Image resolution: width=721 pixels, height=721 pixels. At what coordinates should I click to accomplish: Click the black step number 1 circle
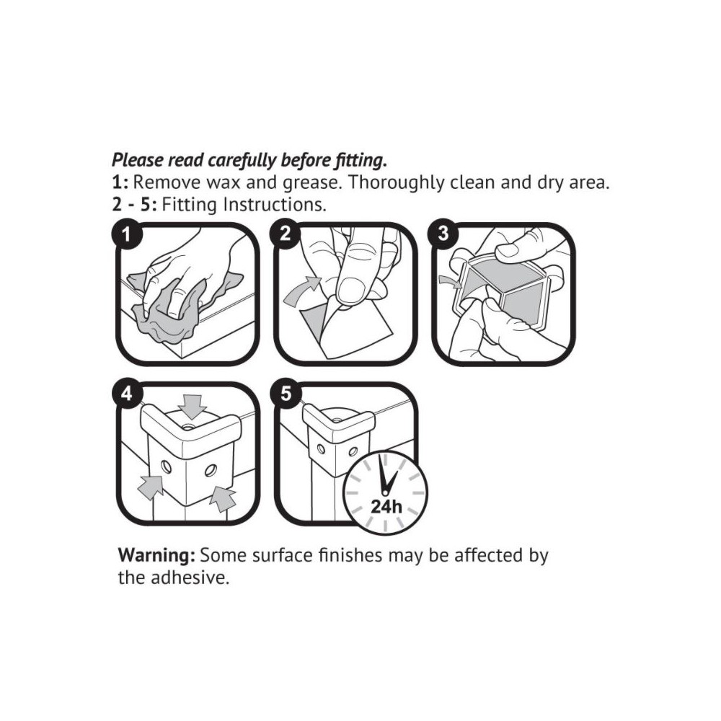pyautogui.click(x=127, y=235)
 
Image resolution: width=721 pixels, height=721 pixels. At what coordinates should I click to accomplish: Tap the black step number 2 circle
pyautogui.click(x=285, y=234)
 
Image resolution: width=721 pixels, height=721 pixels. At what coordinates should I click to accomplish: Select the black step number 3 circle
pyautogui.click(x=443, y=233)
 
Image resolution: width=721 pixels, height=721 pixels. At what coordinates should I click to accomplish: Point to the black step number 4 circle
pyautogui.click(x=127, y=394)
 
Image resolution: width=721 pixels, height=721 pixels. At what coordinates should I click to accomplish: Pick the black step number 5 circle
pyautogui.click(x=286, y=394)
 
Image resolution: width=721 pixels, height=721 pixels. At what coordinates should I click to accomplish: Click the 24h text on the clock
pyautogui.click(x=386, y=507)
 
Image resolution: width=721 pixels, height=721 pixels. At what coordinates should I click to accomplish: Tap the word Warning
pyautogui.click(x=156, y=555)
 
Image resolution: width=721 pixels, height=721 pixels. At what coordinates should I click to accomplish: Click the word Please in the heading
pyautogui.click(x=138, y=160)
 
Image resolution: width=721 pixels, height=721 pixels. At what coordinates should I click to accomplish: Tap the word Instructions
pyautogui.click(x=275, y=205)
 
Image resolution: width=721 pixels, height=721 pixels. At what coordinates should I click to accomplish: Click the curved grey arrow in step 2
pyautogui.click(x=302, y=291)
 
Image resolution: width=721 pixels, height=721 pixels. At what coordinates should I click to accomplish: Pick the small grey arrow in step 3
pyautogui.click(x=450, y=282)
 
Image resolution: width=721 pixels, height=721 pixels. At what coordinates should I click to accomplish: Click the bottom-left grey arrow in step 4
pyautogui.click(x=151, y=487)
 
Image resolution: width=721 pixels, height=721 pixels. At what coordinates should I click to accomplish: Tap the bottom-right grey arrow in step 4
pyautogui.click(x=223, y=499)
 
